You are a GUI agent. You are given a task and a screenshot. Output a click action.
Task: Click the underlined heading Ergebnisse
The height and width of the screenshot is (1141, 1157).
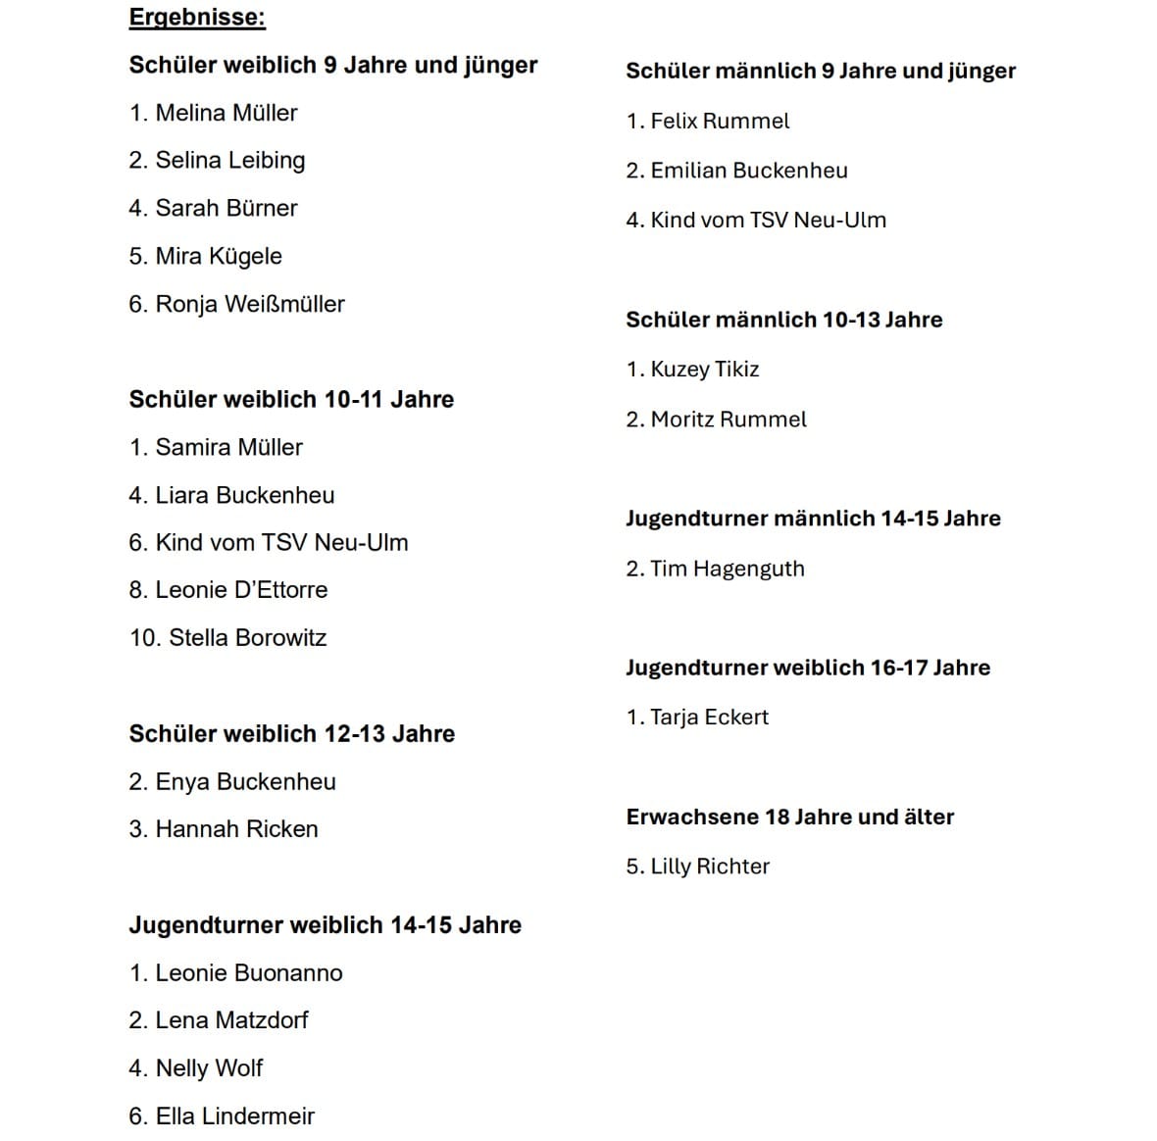pyautogui.click(x=197, y=18)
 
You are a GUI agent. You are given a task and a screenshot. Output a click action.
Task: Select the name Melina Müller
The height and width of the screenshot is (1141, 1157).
pyautogui.click(x=226, y=113)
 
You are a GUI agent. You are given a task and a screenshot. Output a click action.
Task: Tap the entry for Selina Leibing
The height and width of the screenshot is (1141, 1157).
pyautogui.click(x=229, y=160)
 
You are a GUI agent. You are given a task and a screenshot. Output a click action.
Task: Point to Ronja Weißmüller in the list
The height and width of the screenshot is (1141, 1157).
pyautogui.click(x=249, y=304)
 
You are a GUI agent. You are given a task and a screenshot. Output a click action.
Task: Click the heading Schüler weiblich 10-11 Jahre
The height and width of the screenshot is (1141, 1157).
pyautogui.click(x=291, y=399)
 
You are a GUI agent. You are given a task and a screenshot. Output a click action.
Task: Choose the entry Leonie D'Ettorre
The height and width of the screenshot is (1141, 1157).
pyautogui.click(x=241, y=589)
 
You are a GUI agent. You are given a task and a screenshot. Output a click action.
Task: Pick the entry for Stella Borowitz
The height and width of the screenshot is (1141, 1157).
pyautogui.click(x=247, y=637)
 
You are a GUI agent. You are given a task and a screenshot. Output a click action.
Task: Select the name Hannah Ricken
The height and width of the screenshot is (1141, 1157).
pyautogui.click(x=236, y=828)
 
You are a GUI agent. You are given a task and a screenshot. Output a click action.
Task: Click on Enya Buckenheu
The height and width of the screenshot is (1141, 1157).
pyautogui.click(x=245, y=781)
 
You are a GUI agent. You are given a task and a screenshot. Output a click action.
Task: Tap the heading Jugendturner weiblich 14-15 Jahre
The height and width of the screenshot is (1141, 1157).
pyautogui.click(x=325, y=924)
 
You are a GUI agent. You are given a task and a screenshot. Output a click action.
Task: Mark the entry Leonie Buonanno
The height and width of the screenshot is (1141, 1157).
pyautogui.click(x=249, y=972)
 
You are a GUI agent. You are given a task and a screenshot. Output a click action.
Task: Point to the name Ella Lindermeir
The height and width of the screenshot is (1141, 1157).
pyautogui.click(x=234, y=1116)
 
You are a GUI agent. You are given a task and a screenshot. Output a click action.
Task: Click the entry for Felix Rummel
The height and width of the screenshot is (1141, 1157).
pyautogui.click(x=720, y=121)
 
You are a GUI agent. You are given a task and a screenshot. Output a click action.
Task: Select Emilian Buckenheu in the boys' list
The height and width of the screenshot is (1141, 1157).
pyautogui.click(x=749, y=171)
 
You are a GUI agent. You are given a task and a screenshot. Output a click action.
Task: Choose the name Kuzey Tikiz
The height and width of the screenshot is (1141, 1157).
pyautogui.click(x=705, y=369)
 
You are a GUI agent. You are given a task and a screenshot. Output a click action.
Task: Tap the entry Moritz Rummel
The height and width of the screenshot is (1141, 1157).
pyautogui.click(x=729, y=420)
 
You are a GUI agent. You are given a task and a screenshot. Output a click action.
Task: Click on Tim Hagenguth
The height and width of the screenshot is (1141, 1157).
pyautogui.click(x=727, y=569)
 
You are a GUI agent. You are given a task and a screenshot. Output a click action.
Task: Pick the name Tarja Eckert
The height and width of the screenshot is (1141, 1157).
pyautogui.click(x=709, y=717)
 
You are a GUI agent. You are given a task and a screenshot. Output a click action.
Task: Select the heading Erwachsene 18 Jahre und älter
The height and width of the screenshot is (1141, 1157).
pyautogui.click(x=789, y=817)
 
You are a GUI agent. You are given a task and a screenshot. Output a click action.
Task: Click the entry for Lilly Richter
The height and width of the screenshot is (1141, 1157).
pyautogui.click(x=710, y=867)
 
